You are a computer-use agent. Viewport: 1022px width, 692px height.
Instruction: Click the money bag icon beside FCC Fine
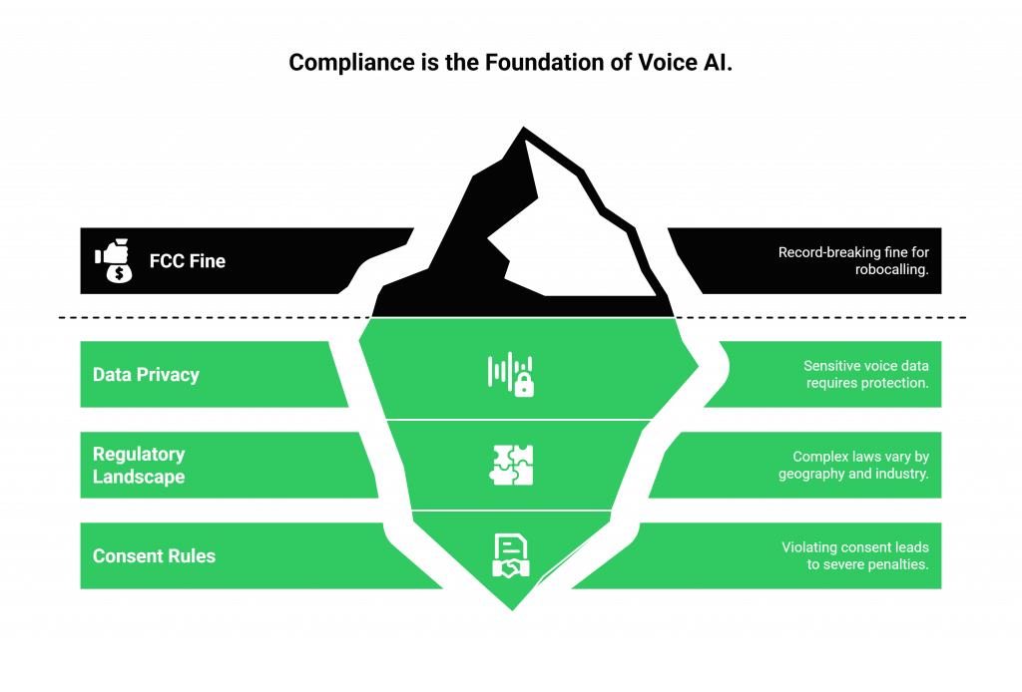click(114, 261)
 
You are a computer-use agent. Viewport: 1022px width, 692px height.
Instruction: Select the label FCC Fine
click(188, 261)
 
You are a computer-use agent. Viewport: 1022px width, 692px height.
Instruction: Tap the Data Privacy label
click(146, 375)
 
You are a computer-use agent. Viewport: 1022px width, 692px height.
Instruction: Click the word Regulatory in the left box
click(139, 455)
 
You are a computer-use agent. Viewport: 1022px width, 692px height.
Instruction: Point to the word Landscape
click(139, 477)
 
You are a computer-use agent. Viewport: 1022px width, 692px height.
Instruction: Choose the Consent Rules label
click(154, 556)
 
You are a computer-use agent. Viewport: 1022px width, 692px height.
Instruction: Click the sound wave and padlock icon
click(511, 374)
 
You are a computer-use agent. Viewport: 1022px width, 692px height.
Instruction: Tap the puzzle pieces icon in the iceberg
click(512, 465)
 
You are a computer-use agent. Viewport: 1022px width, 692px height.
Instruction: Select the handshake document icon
click(511, 556)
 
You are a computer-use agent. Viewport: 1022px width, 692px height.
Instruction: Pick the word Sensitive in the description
click(833, 366)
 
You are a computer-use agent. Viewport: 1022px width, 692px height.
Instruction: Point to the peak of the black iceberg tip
click(521, 126)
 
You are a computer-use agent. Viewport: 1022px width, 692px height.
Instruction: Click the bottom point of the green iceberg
click(512, 610)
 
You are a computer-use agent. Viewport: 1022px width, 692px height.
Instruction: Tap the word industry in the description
click(900, 474)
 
